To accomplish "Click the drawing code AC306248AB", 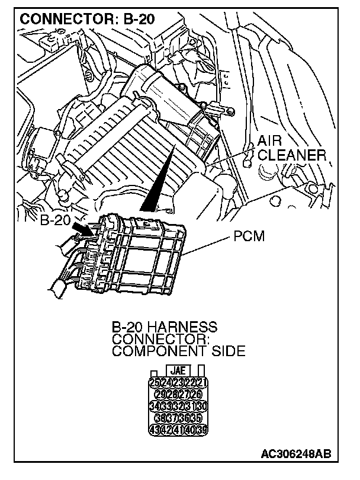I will pyautogui.click(x=295, y=455).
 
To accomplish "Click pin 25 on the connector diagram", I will pyautogui.click(x=155, y=382).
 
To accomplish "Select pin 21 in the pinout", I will pyautogui.click(x=203, y=382).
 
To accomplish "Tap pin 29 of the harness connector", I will pyautogui.click(x=160, y=394).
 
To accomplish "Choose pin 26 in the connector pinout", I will pyautogui.click(x=196, y=394).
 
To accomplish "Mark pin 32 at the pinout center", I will pyautogui.click(x=179, y=406).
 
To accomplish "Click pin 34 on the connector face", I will pyautogui.click(x=155, y=406).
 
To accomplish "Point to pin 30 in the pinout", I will pyautogui.click(x=203, y=406).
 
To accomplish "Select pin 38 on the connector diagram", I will pyautogui.click(x=160, y=418).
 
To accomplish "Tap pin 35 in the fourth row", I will pyautogui.click(x=196, y=418).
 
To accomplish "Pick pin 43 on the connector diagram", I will pyautogui.click(x=155, y=430).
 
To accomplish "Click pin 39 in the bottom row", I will pyautogui.click(x=203, y=430).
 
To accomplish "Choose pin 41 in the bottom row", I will pyautogui.click(x=179, y=430).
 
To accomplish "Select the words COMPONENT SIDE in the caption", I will pyautogui.click(x=178, y=351).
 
